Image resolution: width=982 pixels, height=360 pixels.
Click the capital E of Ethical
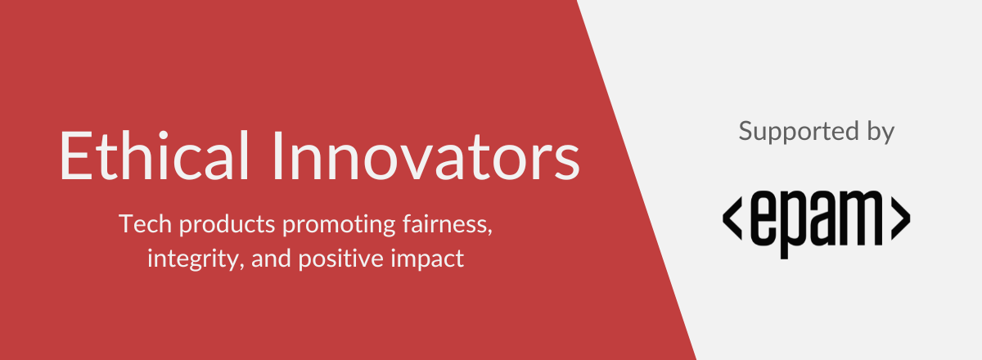(x=74, y=156)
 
